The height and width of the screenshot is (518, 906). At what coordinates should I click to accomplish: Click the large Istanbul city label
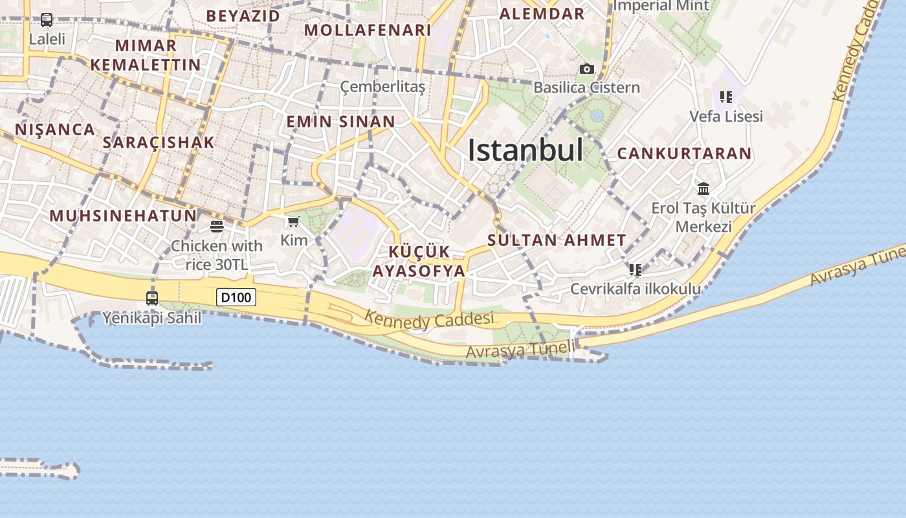click(525, 150)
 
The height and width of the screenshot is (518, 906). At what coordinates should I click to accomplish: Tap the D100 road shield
click(236, 297)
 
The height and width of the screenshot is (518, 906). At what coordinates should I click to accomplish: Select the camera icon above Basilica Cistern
click(586, 69)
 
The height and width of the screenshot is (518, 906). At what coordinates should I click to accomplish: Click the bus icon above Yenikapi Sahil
click(152, 298)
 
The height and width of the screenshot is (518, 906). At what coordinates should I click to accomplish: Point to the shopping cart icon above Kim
click(293, 223)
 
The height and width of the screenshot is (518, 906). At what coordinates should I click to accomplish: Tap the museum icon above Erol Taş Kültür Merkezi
click(703, 189)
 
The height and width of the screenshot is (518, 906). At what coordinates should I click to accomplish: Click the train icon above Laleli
click(47, 20)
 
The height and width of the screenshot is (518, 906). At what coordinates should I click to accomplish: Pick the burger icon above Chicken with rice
click(217, 227)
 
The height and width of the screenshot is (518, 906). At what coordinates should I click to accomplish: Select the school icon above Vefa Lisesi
click(725, 97)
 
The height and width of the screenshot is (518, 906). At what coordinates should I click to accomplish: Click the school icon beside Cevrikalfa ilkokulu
click(635, 269)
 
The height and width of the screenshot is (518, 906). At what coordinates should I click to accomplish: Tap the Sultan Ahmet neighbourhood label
click(557, 240)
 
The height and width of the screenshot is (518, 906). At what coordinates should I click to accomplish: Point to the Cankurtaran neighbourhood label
click(684, 154)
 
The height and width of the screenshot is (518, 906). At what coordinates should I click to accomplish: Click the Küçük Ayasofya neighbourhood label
click(419, 261)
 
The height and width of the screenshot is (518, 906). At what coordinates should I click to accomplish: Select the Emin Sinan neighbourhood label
click(340, 122)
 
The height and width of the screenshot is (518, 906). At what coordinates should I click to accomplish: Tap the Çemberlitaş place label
click(383, 87)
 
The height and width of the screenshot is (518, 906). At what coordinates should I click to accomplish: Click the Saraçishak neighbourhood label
click(159, 142)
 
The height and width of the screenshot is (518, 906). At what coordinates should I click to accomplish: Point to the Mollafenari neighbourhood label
click(368, 30)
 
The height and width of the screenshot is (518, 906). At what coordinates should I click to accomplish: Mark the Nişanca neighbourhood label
click(55, 129)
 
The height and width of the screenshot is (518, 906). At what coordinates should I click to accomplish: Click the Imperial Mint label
click(661, 6)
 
